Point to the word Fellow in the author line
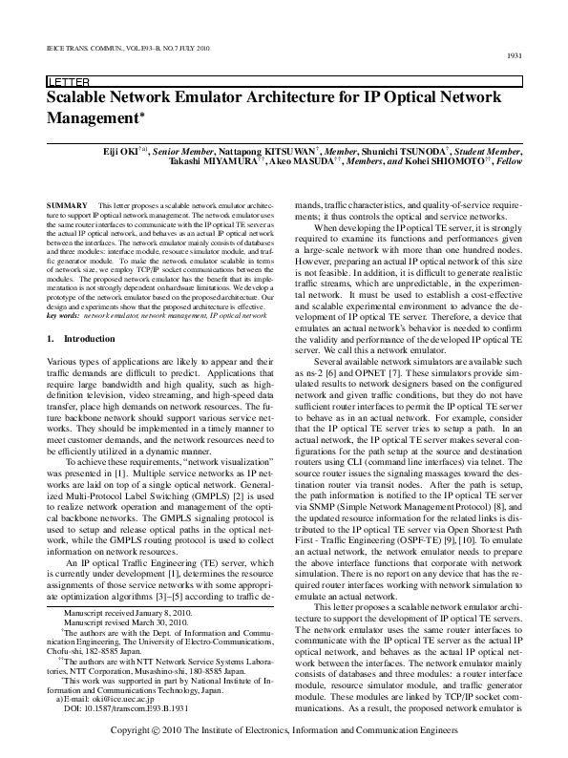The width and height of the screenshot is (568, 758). pos(508,163)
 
